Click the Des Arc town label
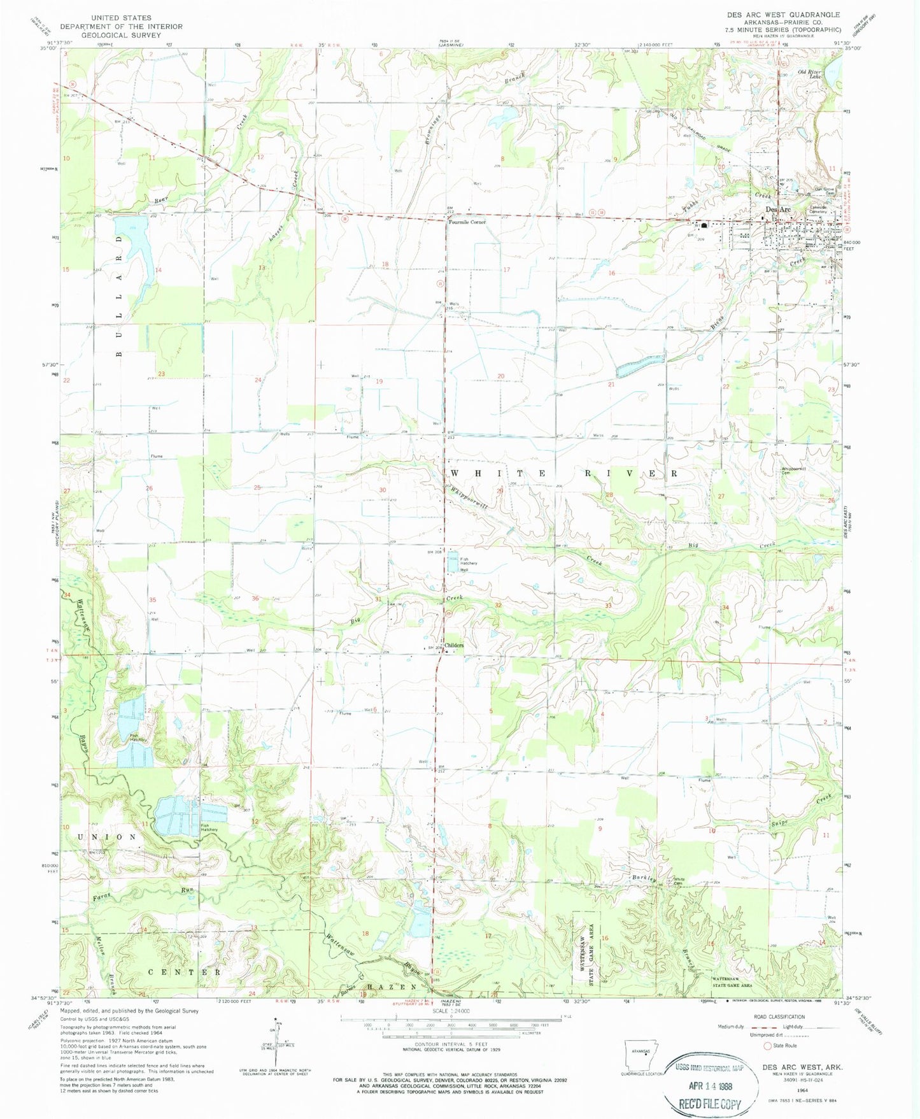tap(777, 210)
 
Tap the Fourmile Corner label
tap(467, 222)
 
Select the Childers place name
tap(454, 645)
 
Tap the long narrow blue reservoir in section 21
tap(640, 365)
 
